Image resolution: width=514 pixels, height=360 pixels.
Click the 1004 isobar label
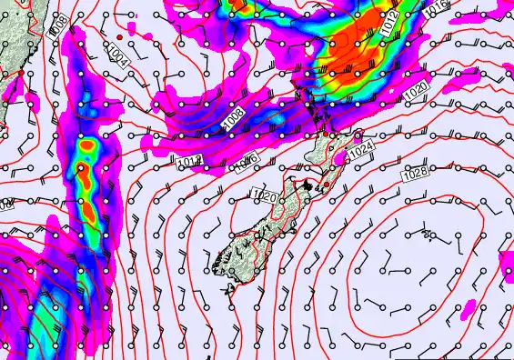click(x=117, y=55)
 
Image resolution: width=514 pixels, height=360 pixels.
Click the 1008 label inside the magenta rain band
click(x=234, y=115)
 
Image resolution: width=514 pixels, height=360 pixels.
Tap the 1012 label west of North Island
click(x=189, y=162)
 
